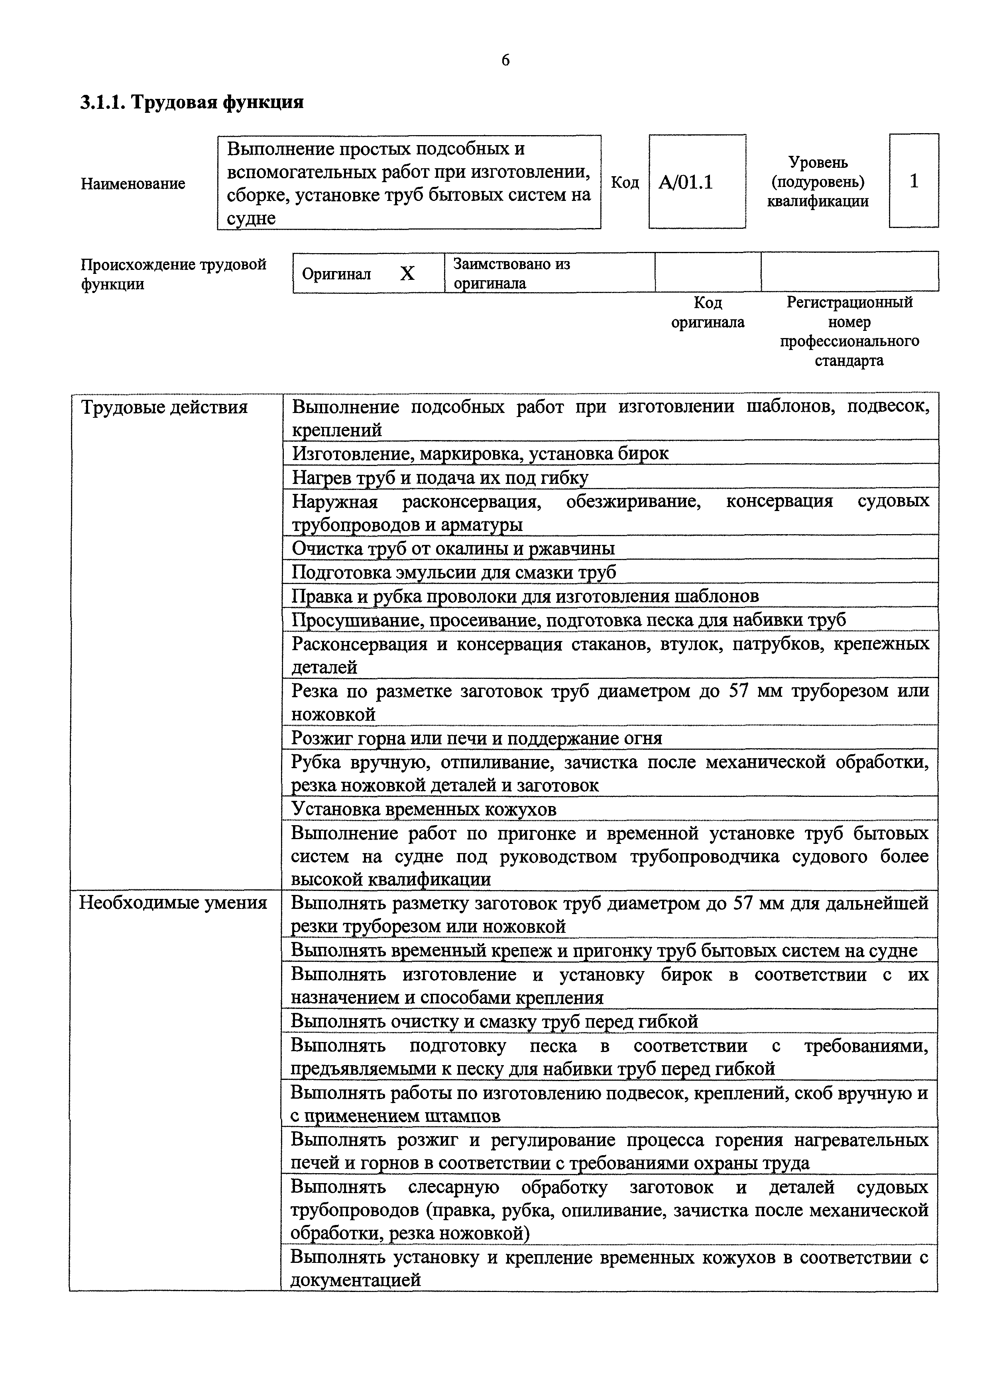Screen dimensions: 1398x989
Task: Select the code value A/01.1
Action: pyautogui.click(x=686, y=183)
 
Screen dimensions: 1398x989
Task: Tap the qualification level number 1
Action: pyautogui.click(x=914, y=181)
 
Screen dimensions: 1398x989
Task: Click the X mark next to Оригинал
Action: pyautogui.click(x=407, y=274)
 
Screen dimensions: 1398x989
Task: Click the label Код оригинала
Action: pyautogui.click(x=708, y=313)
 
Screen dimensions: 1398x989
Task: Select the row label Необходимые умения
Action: pyautogui.click(x=173, y=903)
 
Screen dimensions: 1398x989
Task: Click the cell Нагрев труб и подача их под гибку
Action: pyautogui.click(x=440, y=478)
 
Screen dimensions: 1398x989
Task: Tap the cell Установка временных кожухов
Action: pyautogui.click(x=424, y=809)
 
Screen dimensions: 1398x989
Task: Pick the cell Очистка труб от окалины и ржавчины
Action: pyautogui.click(x=453, y=549)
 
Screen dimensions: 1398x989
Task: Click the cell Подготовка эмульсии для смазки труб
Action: pyautogui.click(x=454, y=572)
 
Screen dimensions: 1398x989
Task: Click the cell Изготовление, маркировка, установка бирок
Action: pyautogui.click(x=480, y=454)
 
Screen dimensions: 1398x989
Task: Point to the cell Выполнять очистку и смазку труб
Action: pyautogui.click(x=494, y=1021)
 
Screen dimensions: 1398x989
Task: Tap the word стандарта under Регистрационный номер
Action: pyautogui.click(x=849, y=360)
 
